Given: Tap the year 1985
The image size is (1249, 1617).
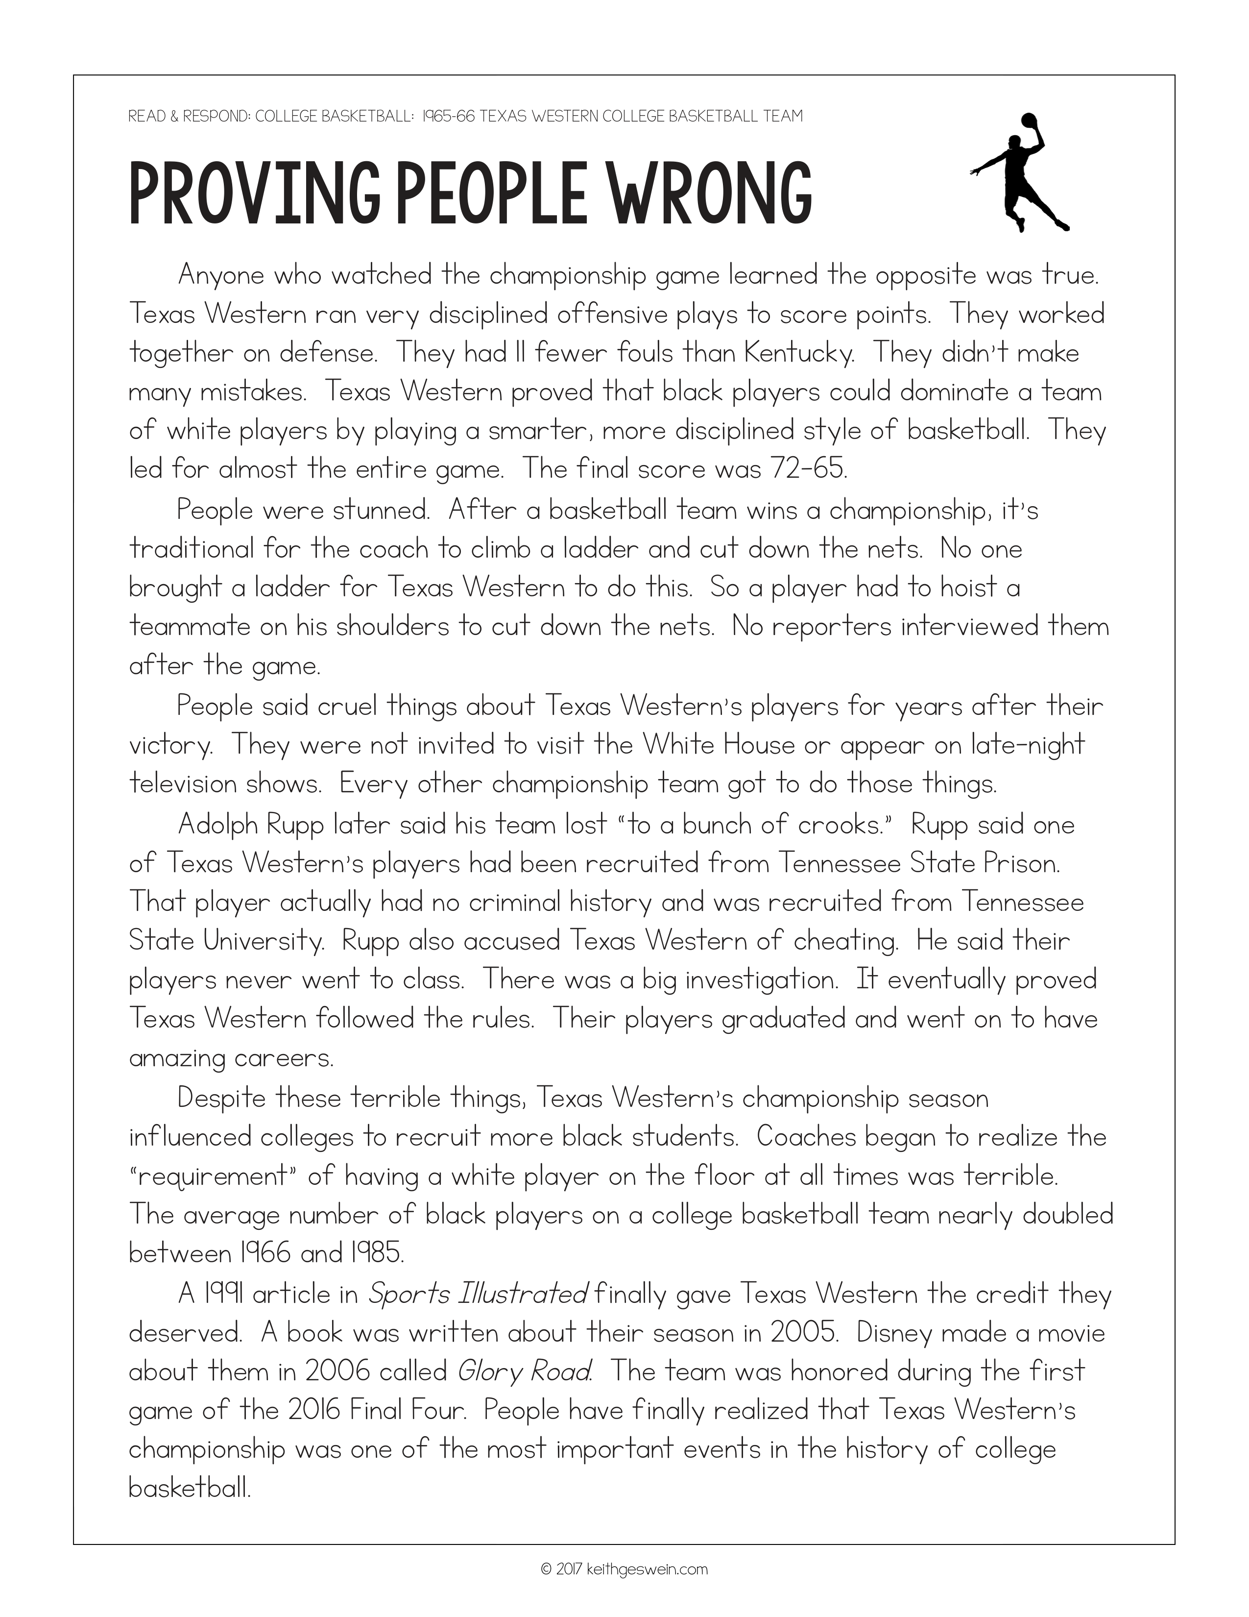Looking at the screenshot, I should (375, 1253).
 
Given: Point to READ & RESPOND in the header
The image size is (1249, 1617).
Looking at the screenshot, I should (188, 116).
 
